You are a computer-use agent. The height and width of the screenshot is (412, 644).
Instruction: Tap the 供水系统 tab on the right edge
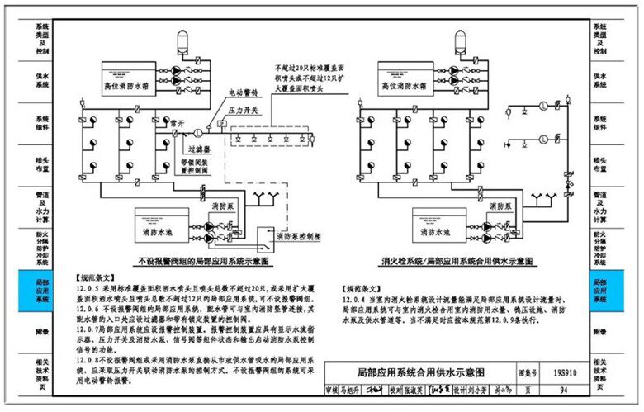[600, 80]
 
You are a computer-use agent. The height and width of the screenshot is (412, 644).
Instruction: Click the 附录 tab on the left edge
[42, 331]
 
